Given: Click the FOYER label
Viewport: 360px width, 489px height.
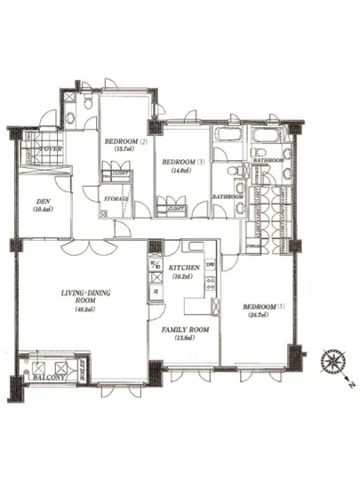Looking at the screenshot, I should (49, 149).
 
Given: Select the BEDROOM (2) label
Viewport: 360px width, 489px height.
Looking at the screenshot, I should (124, 141).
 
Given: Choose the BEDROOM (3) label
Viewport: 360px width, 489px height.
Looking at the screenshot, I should (181, 161).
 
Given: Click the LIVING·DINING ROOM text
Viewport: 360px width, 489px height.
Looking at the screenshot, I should (84, 297).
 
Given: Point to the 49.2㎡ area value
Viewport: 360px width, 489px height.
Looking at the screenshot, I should (84, 312).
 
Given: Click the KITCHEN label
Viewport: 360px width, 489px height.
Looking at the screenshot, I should (186, 266).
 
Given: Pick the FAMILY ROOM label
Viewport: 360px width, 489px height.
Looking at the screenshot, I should (185, 329).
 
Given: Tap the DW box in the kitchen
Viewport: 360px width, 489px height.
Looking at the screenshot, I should (211, 265).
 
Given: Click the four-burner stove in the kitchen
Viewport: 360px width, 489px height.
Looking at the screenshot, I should (212, 285).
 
